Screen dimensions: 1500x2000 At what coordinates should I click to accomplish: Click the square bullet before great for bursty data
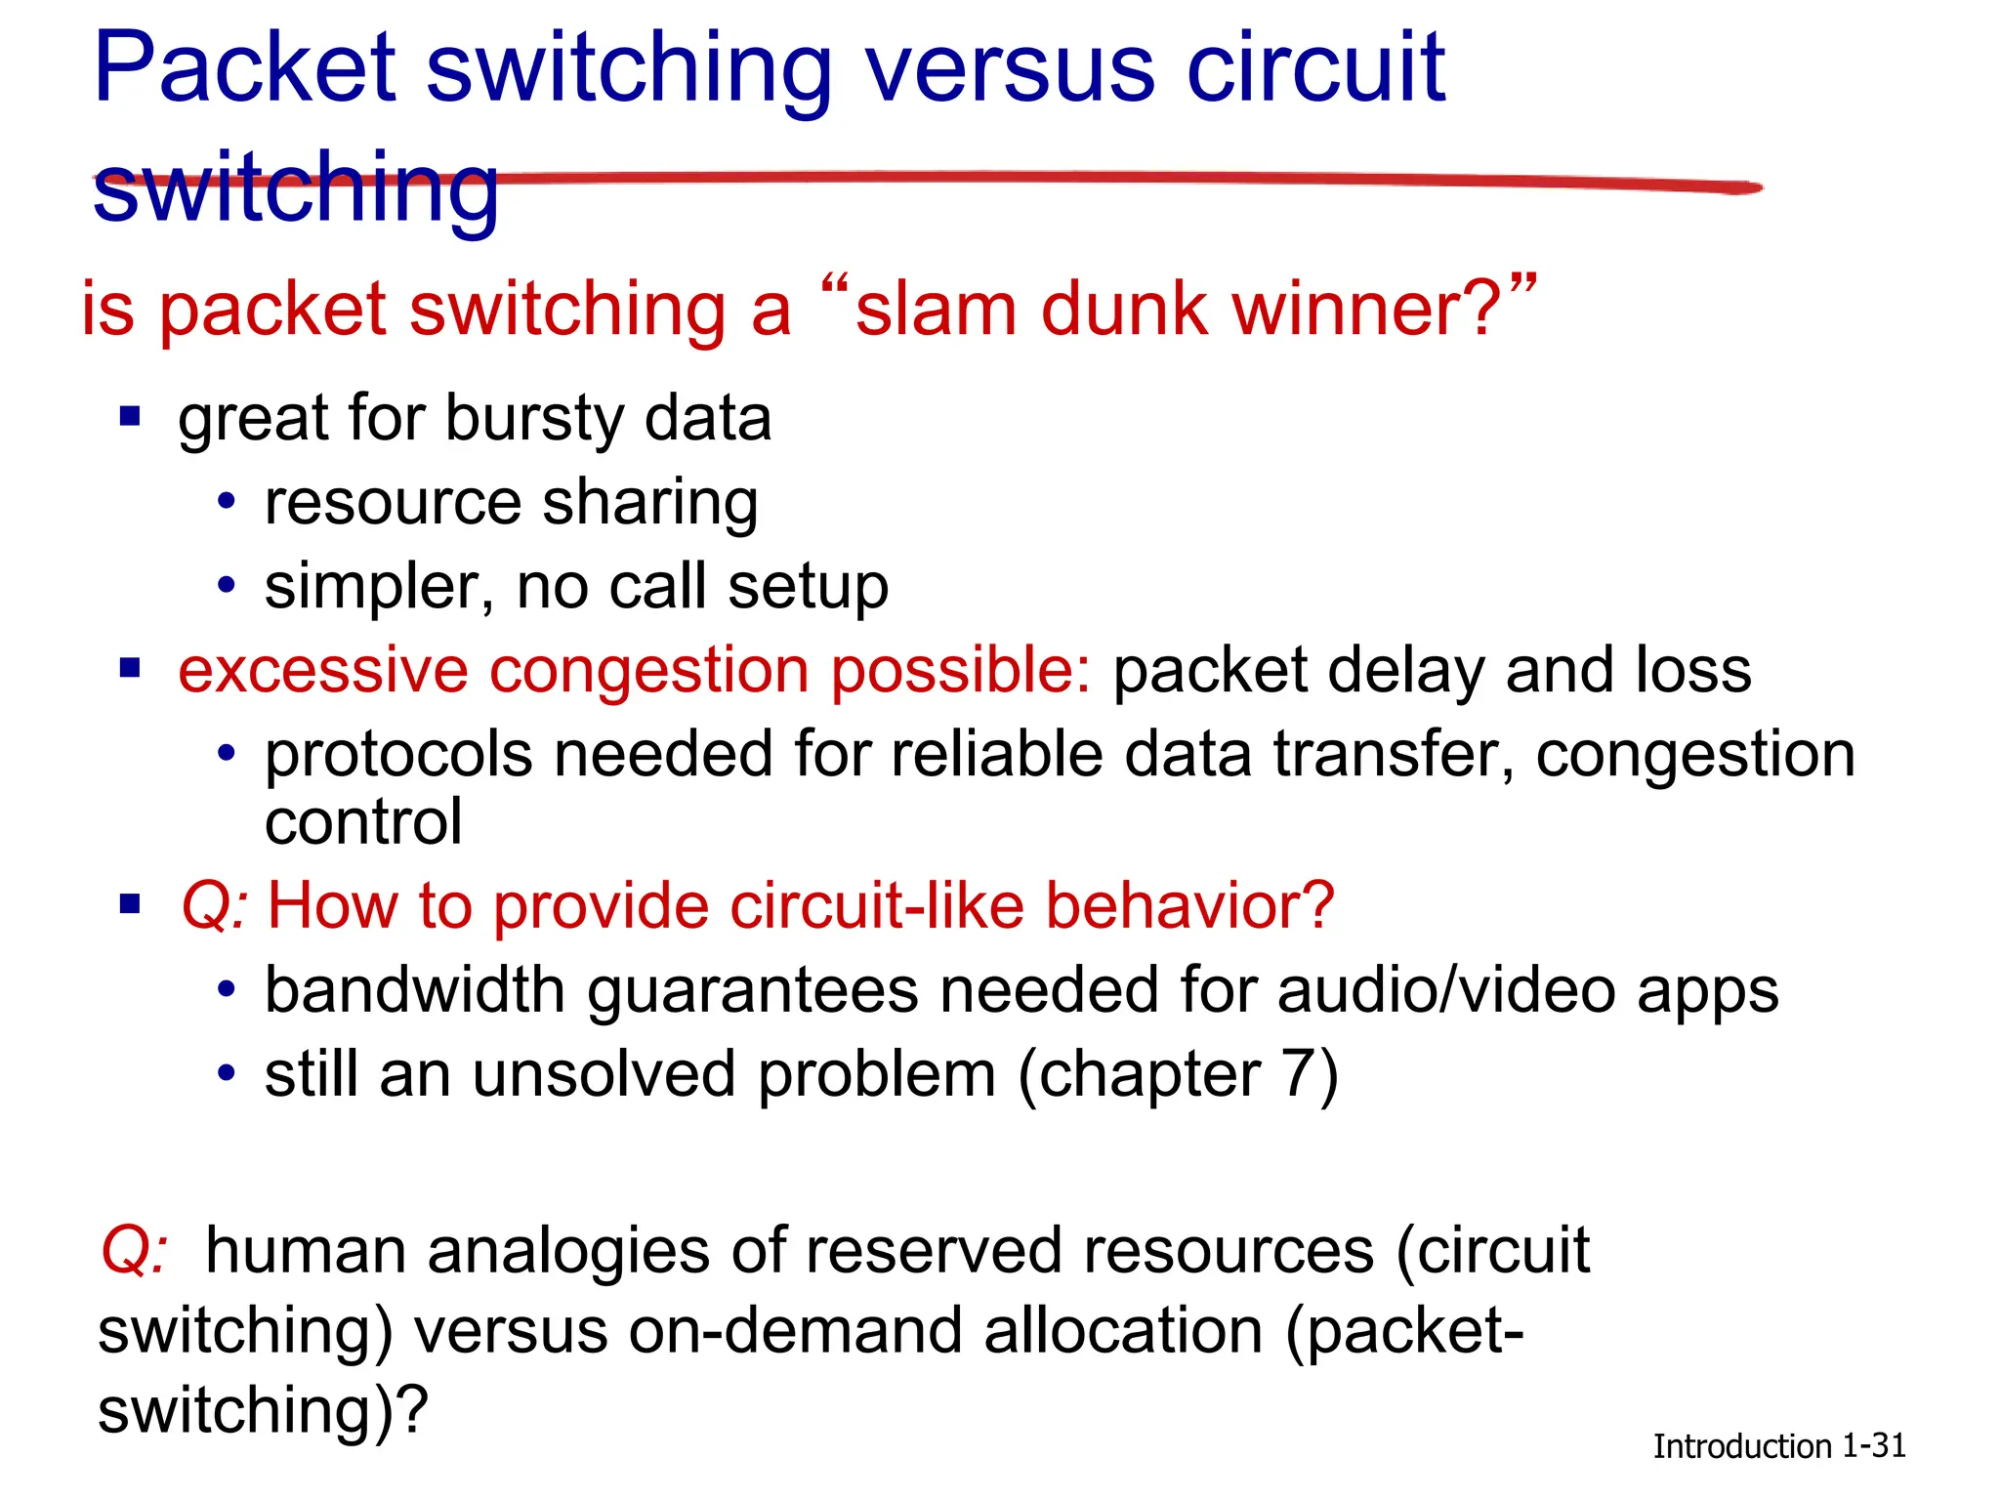[130, 417]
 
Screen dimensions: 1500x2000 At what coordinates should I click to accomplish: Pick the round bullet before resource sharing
[227, 502]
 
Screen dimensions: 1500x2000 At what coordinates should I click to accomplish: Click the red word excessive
[322, 672]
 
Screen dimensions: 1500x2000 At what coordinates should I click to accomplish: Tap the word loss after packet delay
[1693, 671]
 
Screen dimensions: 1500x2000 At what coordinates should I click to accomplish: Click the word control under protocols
[363, 822]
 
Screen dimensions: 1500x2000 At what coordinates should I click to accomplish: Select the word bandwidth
[415, 990]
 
